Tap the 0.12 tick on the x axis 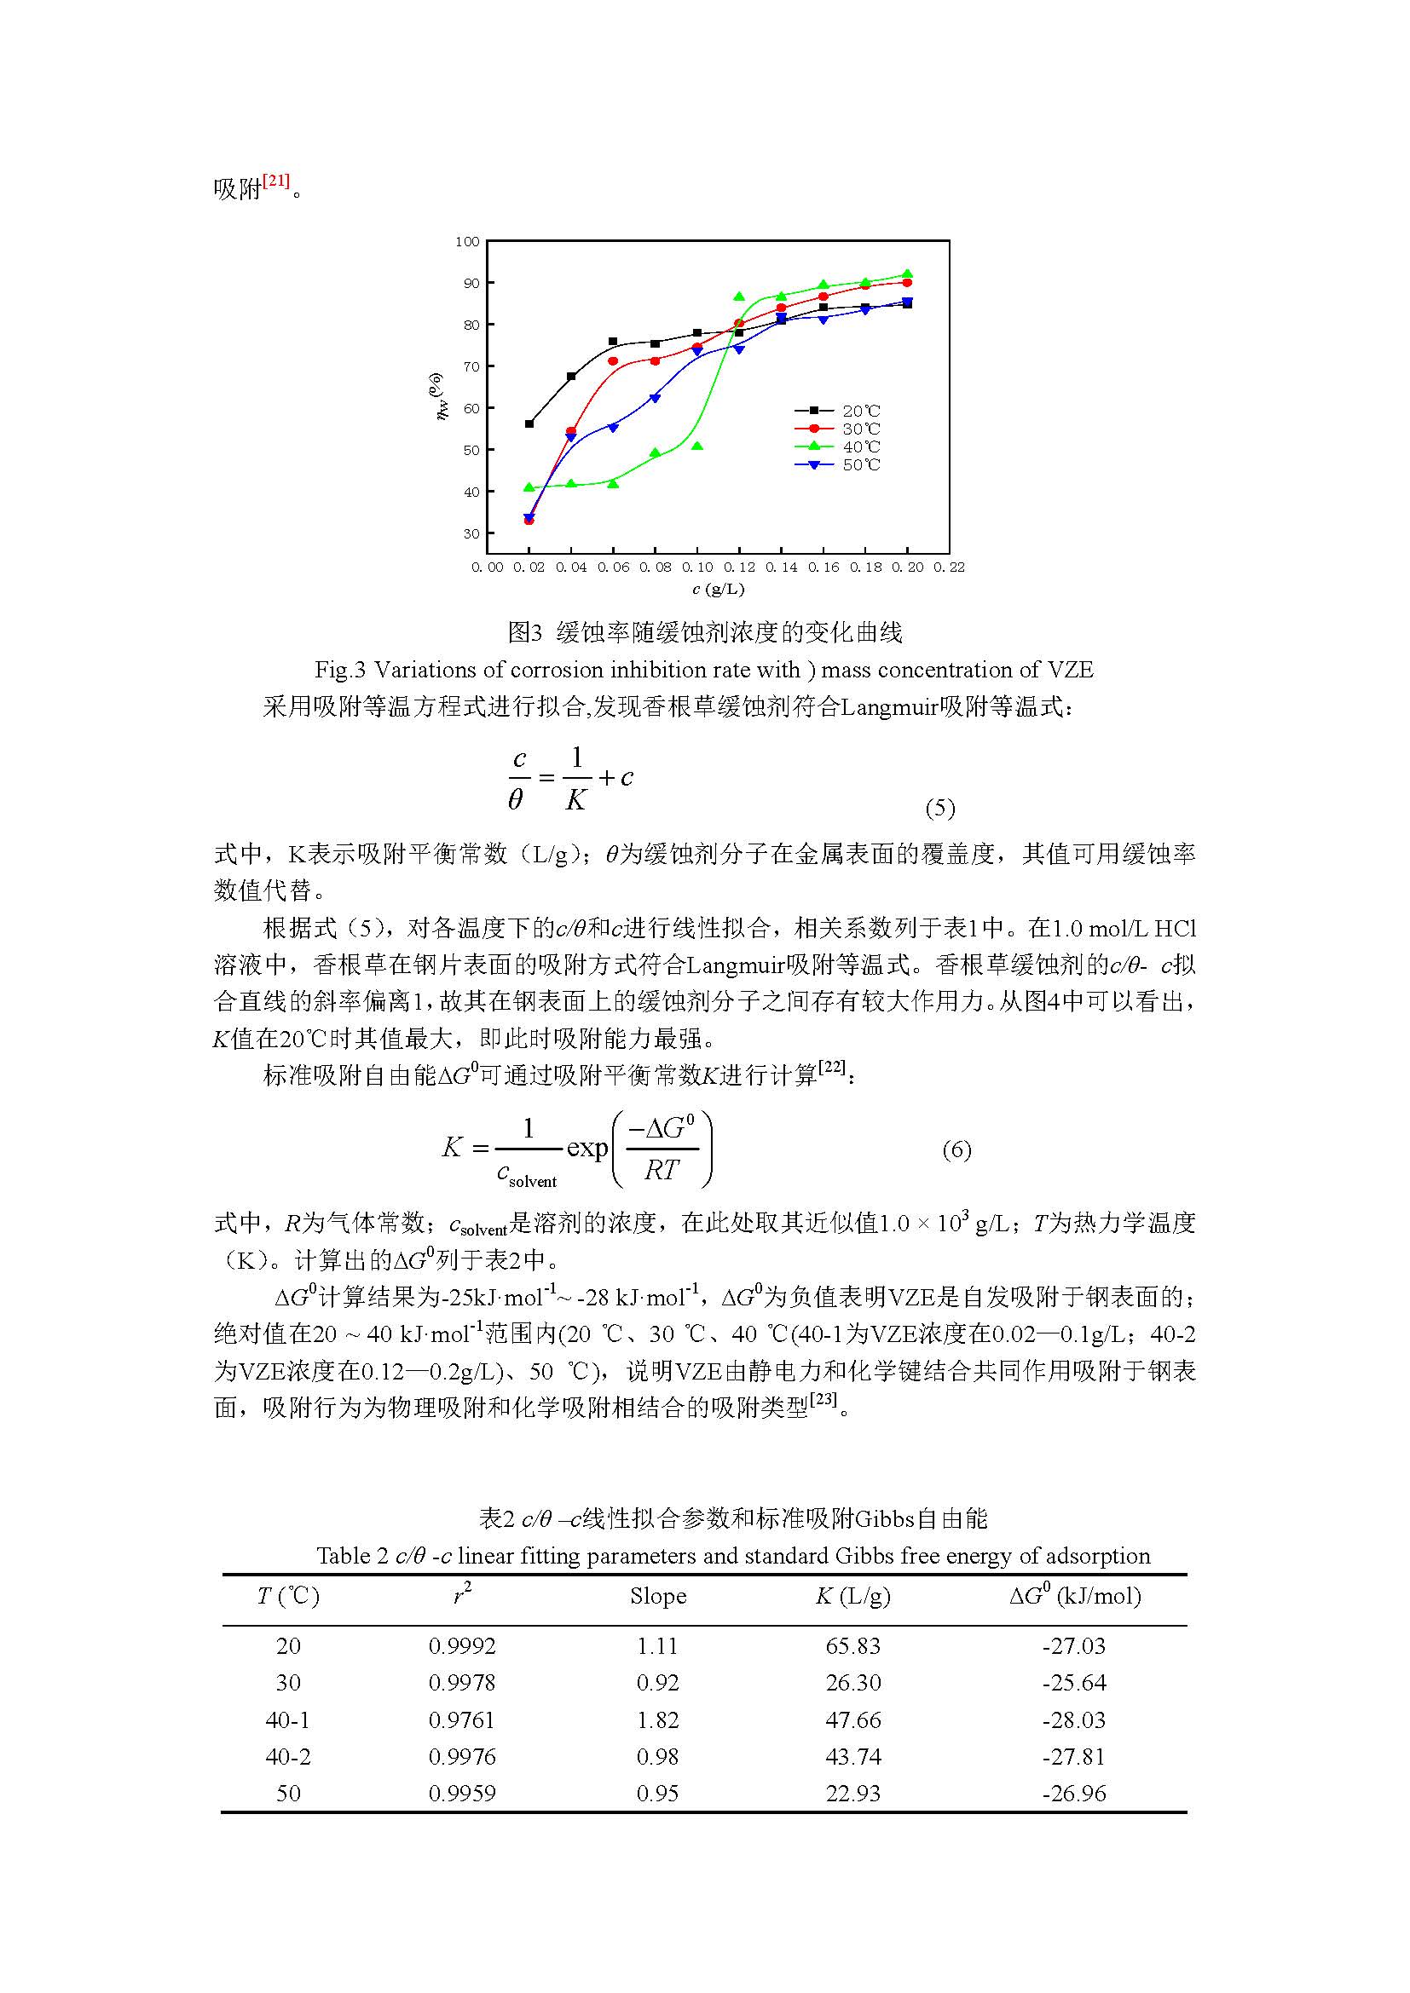pos(739,567)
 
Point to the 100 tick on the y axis pos(467,241)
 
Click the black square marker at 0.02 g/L pos(529,423)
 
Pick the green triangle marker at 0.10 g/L pos(697,446)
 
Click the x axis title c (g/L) pos(718,590)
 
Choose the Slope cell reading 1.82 pos(657,1719)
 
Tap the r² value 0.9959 pos(462,1794)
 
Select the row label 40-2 pos(287,1756)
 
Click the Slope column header pos(658,1595)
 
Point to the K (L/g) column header pos(852,1595)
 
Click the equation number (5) pos(940,808)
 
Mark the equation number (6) pos(956,1150)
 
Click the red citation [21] pos(276,181)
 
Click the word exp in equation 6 pos(587,1149)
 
